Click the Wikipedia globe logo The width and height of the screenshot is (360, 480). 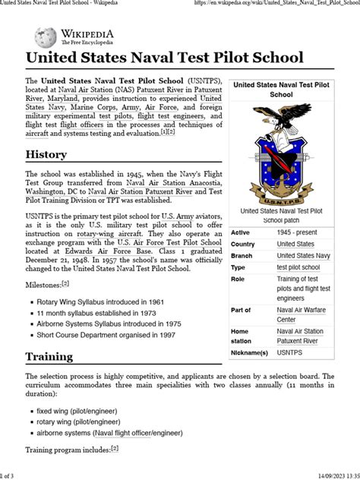(x=44, y=36)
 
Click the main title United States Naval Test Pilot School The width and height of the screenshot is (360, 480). (x=165, y=58)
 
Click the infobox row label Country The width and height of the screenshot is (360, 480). (x=243, y=244)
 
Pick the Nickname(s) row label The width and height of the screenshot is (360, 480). (x=250, y=353)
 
